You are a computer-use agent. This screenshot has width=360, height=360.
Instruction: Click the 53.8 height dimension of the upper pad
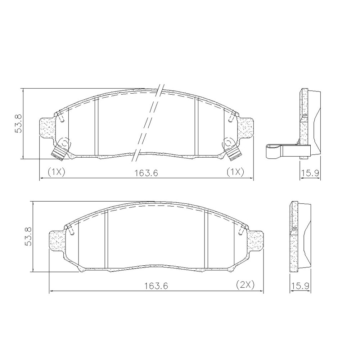(18, 123)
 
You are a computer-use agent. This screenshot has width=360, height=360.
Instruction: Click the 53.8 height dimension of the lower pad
(28, 236)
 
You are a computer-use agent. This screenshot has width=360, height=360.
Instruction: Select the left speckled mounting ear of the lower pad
(57, 240)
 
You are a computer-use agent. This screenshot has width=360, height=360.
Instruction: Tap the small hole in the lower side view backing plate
(294, 228)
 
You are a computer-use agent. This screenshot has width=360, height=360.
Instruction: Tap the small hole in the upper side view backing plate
(305, 115)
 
